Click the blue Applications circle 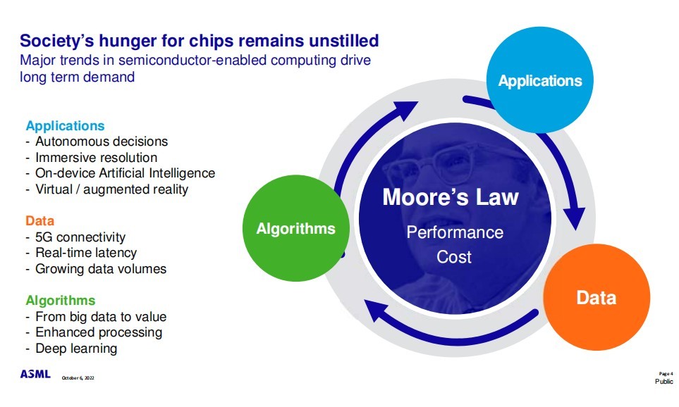tap(540, 81)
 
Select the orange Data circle tap(596, 298)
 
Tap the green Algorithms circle tap(295, 228)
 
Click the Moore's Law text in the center tap(450, 197)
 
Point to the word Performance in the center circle tap(455, 232)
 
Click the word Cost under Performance tap(454, 257)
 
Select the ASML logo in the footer tap(35, 374)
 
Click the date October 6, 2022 tap(78, 378)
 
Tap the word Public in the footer tap(663, 381)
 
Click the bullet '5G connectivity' tap(80, 237)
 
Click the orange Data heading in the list tap(40, 221)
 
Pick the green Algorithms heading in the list tap(60, 301)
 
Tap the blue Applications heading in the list tap(65, 126)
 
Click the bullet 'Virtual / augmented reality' tap(111, 189)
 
